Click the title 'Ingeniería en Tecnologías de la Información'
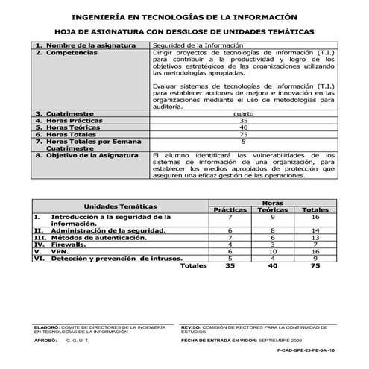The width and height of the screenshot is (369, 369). pyautogui.click(x=184, y=16)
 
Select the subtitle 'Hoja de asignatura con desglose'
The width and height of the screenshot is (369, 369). pyautogui.click(x=184, y=32)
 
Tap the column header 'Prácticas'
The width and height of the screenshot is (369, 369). pyautogui.click(x=230, y=210)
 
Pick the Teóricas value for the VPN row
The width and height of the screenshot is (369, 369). pyautogui.click(x=273, y=251)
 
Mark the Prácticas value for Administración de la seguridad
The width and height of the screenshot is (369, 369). pyautogui.click(x=230, y=231)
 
